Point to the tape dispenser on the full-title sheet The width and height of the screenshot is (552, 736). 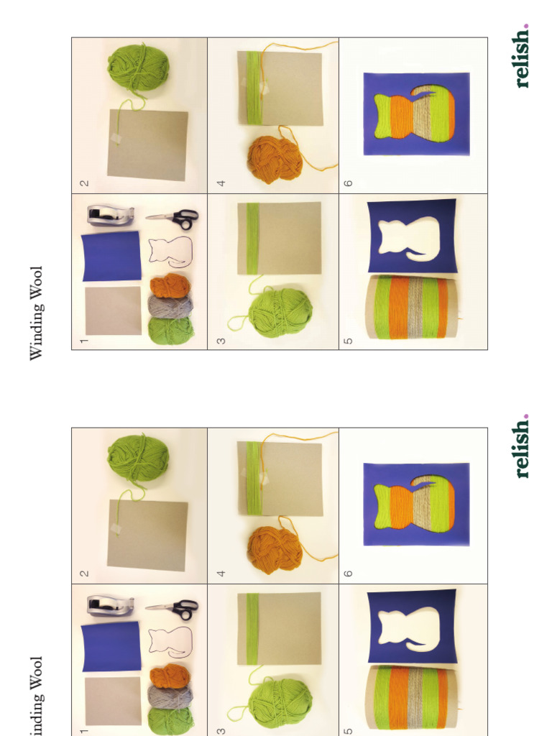click(110, 215)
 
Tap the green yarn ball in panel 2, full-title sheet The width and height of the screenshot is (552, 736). click(138, 67)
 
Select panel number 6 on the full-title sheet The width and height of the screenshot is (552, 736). click(349, 183)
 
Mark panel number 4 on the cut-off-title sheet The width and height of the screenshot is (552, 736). click(221, 573)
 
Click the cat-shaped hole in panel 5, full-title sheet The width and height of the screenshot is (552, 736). click(409, 236)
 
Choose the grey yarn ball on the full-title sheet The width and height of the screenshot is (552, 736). click(170, 306)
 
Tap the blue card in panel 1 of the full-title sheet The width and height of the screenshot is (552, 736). click(111, 255)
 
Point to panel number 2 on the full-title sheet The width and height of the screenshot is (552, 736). click(84, 183)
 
